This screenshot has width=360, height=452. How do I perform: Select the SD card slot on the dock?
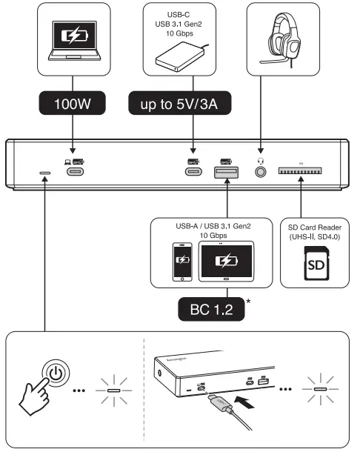(x=301, y=172)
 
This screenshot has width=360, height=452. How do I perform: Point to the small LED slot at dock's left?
(x=45, y=173)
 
